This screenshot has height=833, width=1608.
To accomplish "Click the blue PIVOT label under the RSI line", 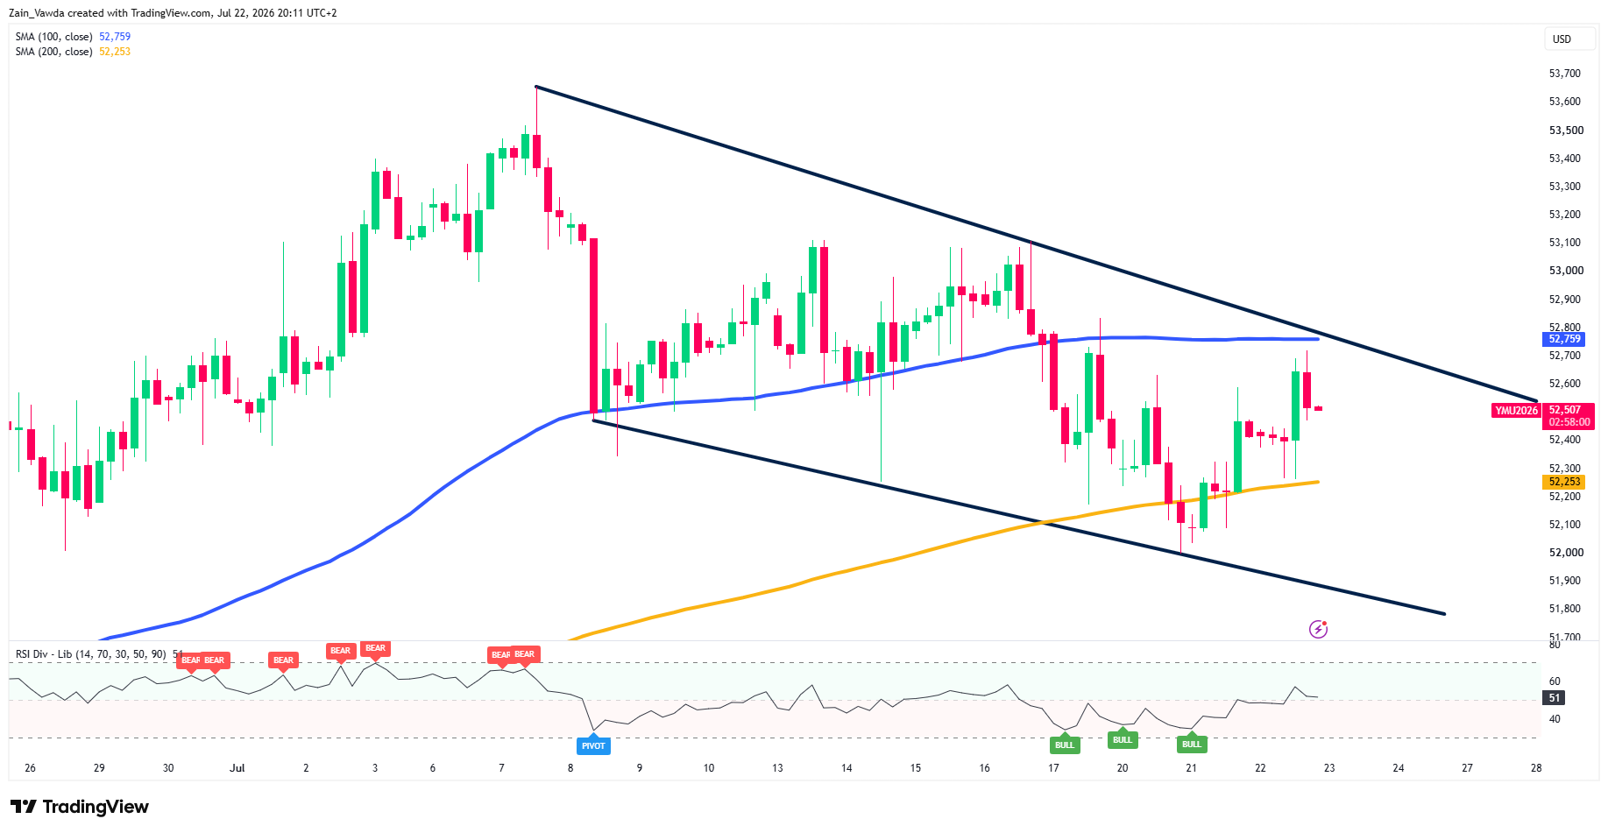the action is tap(593, 745).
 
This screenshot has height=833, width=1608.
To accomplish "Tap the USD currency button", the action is tap(1562, 39).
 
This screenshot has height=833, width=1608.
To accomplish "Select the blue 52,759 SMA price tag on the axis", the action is tap(1564, 339).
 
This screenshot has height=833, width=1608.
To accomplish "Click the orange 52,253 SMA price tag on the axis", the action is tap(1564, 482).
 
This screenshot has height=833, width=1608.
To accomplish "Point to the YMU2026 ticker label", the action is tap(1516, 410).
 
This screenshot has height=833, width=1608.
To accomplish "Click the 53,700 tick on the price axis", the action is tap(1564, 74).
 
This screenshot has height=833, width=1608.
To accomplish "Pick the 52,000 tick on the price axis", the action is tap(1566, 553).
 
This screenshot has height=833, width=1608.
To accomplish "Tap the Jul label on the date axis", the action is tap(237, 768).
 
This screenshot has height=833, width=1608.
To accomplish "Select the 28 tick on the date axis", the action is tap(1536, 768).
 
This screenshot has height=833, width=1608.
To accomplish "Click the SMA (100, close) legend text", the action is tap(53, 37).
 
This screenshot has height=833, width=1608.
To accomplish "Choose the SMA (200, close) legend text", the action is tap(53, 52).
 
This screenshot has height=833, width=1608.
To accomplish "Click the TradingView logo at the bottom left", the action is tap(80, 807).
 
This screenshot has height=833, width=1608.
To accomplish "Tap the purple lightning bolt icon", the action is tap(1318, 629).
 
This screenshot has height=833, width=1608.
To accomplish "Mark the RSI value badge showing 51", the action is tap(1554, 698).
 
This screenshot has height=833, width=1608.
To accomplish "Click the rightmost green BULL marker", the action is tap(1192, 744).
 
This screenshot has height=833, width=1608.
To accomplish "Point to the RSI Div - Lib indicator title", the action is tap(90, 654).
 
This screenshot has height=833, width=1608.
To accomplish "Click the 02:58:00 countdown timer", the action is tap(1569, 422).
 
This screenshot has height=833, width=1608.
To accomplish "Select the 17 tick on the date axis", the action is tap(1053, 768).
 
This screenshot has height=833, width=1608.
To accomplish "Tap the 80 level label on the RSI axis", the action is tap(1555, 645).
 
